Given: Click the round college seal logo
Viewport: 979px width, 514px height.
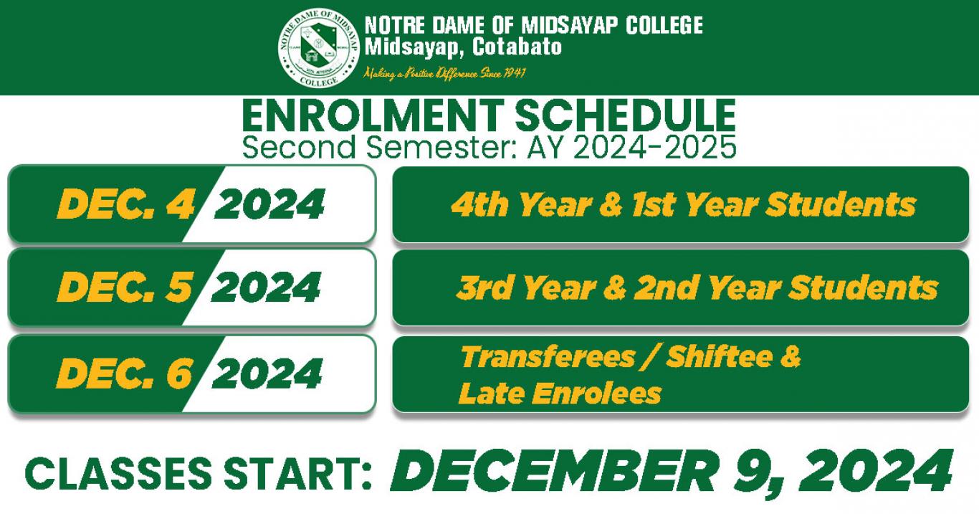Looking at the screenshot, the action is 319,47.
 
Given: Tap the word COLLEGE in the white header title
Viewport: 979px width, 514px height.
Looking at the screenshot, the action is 664,25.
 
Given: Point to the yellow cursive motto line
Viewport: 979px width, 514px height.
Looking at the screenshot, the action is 444,73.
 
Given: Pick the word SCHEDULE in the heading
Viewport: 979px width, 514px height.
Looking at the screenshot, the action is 626,116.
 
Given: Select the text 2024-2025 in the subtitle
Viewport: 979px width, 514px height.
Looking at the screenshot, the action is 655,147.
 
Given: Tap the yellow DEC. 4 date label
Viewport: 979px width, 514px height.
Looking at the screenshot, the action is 125,204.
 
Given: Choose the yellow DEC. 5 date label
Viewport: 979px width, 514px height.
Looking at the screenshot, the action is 125,287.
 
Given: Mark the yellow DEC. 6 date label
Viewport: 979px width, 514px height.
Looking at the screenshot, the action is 125,373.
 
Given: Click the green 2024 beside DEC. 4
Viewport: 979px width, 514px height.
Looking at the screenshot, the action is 269,204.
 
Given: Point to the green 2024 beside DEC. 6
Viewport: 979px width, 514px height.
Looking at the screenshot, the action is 267,373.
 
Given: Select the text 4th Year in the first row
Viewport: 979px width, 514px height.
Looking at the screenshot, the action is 522,204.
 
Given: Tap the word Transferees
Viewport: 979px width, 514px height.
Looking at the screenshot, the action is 548,357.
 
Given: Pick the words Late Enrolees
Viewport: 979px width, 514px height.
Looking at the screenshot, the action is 560,393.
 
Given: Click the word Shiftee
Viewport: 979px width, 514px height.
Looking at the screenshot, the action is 720,357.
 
